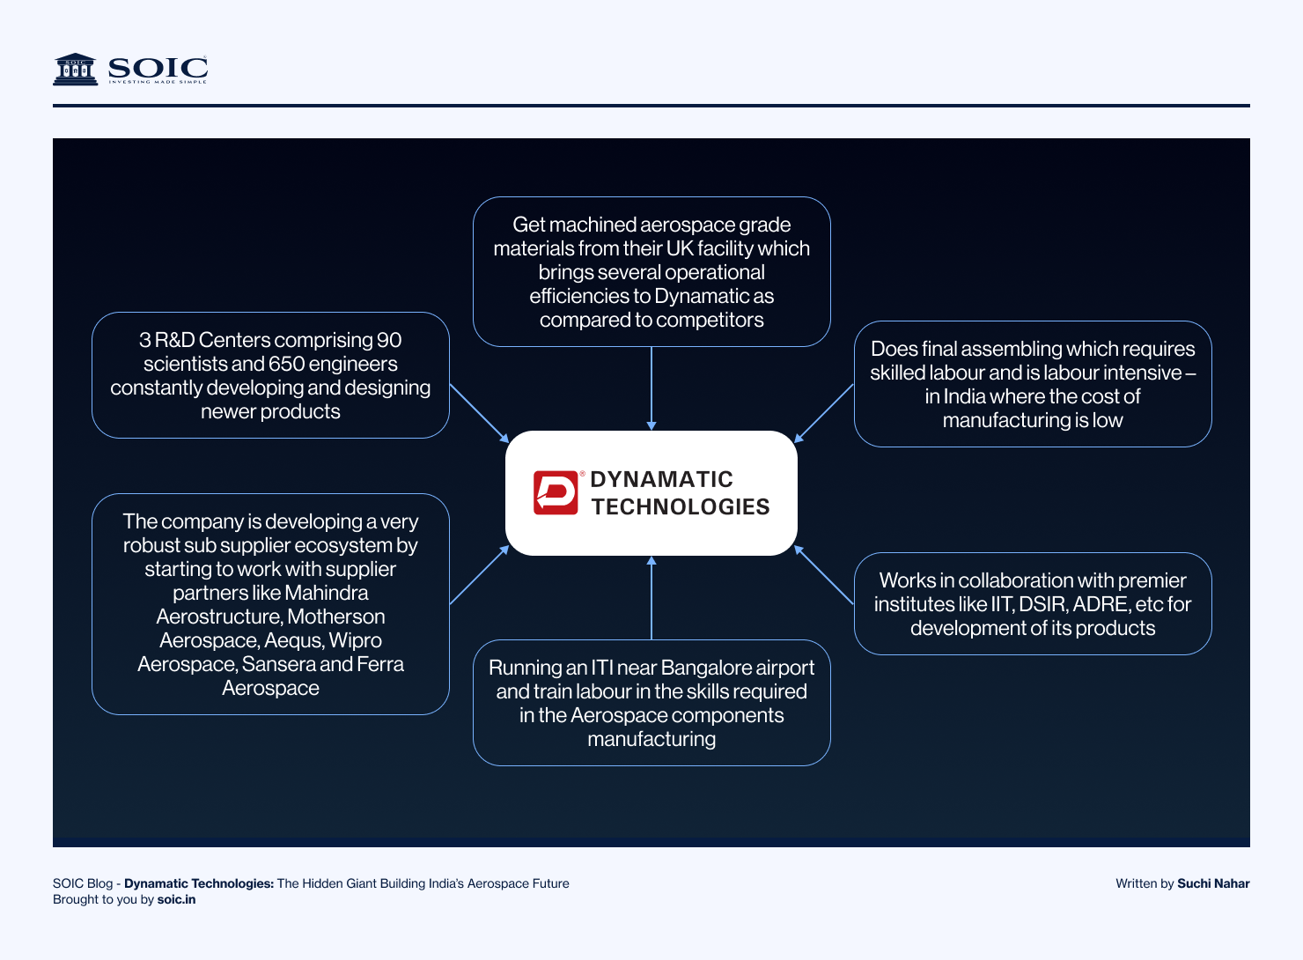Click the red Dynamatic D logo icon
556,492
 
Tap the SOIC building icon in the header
76,69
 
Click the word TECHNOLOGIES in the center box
680,506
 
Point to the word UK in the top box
680,248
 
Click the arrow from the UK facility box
651,388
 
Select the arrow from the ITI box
651,598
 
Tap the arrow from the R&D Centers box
480,412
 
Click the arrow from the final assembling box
824,413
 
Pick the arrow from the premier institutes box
824,574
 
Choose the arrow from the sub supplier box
480,574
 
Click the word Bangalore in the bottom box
702,668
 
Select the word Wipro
355,640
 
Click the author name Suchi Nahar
1213,883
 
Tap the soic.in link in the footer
176,899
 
